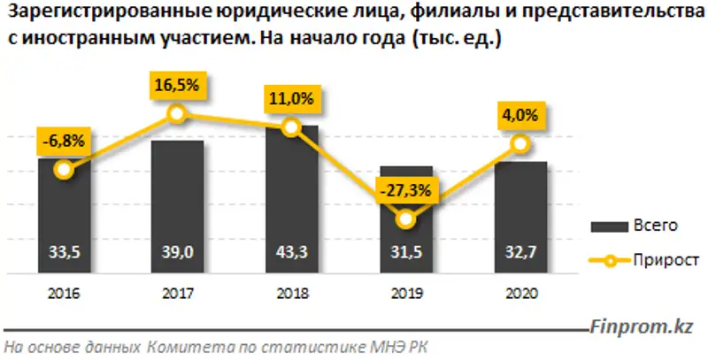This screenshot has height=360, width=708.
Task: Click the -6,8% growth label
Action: click(62, 141)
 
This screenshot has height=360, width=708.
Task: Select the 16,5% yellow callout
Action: click(177, 87)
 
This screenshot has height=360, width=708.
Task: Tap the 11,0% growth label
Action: click(291, 100)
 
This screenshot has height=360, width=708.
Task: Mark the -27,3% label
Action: click(405, 189)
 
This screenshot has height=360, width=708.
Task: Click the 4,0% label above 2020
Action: click(520, 116)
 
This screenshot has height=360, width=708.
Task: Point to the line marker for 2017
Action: click(177, 113)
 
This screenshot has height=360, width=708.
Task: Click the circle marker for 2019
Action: click(405, 218)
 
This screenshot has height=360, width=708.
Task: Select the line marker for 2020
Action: click(520, 144)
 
